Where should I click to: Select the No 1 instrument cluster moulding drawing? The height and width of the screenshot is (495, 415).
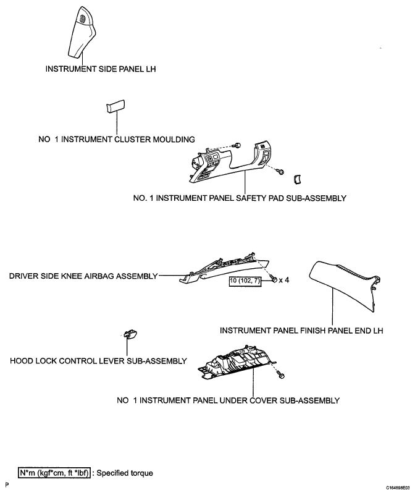point(115,106)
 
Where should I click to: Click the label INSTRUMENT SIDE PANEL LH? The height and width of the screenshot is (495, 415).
point(101,69)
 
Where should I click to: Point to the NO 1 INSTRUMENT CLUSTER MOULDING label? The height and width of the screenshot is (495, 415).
point(117,139)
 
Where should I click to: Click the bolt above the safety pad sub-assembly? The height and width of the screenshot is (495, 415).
point(237,145)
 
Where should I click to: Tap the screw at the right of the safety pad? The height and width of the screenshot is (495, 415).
point(280,171)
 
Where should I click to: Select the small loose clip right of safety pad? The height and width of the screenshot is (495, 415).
point(297,179)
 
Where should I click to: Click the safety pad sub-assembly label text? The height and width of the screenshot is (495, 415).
point(240,198)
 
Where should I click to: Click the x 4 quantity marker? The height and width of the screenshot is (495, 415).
point(283,280)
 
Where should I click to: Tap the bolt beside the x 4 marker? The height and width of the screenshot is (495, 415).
point(274,279)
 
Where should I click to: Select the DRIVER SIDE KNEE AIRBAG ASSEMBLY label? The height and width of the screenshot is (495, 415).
point(83,276)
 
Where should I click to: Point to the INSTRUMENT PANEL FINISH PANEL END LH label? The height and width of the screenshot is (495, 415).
point(301,331)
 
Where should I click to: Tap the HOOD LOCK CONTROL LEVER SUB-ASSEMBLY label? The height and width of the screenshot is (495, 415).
point(98,361)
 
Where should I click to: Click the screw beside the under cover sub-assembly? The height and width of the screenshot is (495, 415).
point(280,375)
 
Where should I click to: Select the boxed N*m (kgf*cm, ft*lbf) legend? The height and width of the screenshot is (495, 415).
point(54,473)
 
